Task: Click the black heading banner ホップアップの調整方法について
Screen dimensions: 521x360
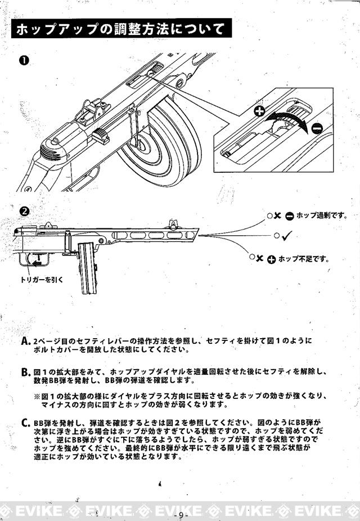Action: (121, 29)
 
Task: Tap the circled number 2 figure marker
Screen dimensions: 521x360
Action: (24, 212)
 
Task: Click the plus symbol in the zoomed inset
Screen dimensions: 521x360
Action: (259, 111)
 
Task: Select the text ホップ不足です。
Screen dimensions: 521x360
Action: (303, 259)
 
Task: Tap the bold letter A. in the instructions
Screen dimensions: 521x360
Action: (25, 342)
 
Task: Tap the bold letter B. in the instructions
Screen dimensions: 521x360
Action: (25, 372)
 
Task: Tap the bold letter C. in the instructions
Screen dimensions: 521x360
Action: (25, 423)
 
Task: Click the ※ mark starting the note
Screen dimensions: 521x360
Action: (38, 396)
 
